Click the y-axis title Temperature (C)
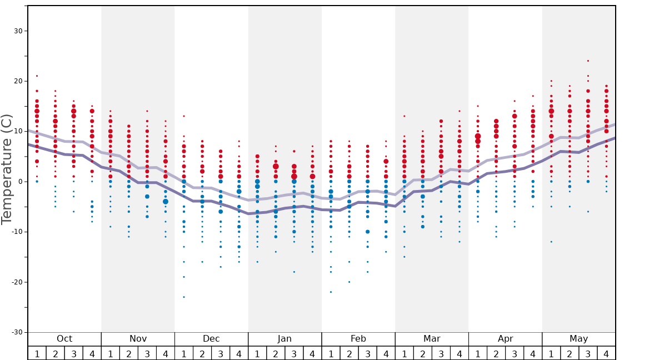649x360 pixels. click(x=7, y=169)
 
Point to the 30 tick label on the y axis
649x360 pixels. click(x=17, y=31)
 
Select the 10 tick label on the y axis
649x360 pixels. click(x=17, y=132)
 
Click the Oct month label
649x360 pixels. click(x=64, y=339)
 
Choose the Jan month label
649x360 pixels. click(x=284, y=339)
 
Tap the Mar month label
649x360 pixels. click(x=432, y=339)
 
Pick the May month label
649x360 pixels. click(x=578, y=339)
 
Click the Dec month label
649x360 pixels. click(x=211, y=339)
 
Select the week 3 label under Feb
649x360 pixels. click(x=367, y=353)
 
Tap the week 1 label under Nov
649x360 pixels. click(x=111, y=353)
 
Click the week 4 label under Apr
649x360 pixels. click(x=533, y=353)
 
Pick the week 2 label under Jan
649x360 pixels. click(x=276, y=353)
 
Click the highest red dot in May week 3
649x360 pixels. click(x=588, y=61)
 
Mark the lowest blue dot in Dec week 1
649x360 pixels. click(x=184, y=297)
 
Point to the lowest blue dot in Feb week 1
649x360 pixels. click(x=331, y=292)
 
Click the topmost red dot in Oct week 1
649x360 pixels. click(x=37, y=76)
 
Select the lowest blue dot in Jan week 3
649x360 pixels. click(x=294, y=272)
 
